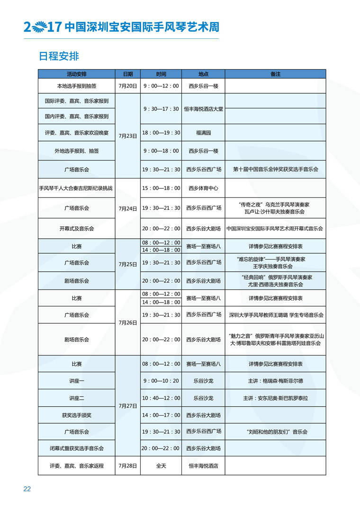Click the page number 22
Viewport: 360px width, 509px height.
click(x=27, y=489)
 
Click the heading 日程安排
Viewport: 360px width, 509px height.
click(x=59, y=56)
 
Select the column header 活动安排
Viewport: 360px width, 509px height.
click(x=77, y=74)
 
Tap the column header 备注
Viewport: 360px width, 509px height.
click(x=275, y=74)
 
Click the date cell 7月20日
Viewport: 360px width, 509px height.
click(x=128, y=86)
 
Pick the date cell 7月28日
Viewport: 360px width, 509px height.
click(x=128, y=465)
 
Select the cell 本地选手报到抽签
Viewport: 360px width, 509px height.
click(x=77, y=86)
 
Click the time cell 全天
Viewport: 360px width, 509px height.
click(x=161, y=465)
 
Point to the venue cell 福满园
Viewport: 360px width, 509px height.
click(x=203, y=133)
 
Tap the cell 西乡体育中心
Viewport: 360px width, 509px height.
click(x=203, y=188)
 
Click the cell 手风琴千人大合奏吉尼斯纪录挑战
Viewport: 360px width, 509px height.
click(x=77, y=188)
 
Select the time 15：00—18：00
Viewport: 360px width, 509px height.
click(x=161, y=188)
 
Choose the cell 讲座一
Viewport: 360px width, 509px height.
click(x=77, y=381)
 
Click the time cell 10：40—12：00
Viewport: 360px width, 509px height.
click(x=161, y=398)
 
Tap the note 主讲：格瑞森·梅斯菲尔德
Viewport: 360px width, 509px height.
click(x=275, y=381)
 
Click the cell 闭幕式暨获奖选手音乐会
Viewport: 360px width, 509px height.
click(x=77, y=448)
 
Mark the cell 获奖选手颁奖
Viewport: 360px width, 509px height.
click(x=77, y=415)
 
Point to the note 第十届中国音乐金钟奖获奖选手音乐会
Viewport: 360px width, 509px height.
click(x=275, y=169)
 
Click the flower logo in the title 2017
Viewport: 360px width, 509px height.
click(x=39, y=26)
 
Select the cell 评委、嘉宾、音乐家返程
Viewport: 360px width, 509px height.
click(x=77, y=465)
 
